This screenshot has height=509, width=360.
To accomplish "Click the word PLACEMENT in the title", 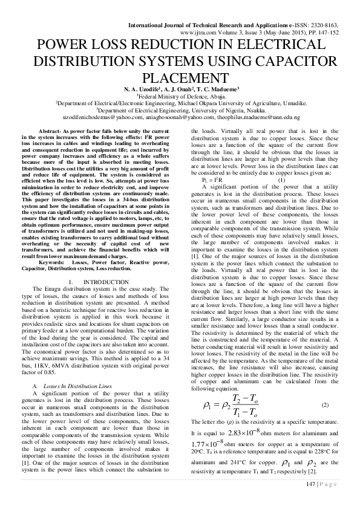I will [180, 78].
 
